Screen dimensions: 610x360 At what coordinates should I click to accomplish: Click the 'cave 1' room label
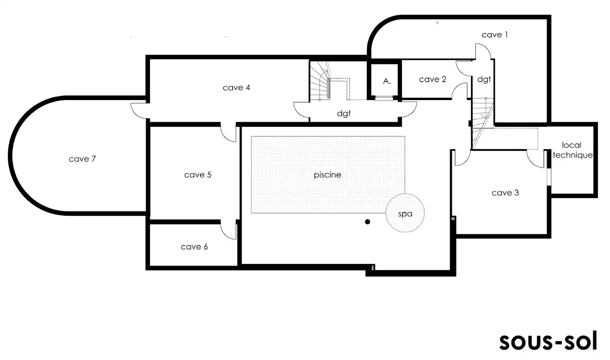[x=494, y=35]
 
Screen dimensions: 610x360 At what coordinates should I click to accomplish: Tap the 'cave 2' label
[x=432, y=79]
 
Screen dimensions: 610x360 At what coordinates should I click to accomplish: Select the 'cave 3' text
[x=505, y=193]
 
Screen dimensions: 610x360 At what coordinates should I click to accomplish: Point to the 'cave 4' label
[x=236, y=88]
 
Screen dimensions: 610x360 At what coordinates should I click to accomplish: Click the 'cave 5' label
[x=198, y=175]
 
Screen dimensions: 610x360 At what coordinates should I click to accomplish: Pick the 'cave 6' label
[x=194, y=247]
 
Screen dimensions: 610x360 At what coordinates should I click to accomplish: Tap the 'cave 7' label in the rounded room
[x=82, y=159]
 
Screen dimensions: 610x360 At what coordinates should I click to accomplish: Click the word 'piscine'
[x=327, y=175]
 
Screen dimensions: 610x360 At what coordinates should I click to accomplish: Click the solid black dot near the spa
[x=367, y=222]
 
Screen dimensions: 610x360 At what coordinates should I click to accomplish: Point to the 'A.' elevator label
[x=387, y=81]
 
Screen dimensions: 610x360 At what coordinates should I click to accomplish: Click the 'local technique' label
[x=572, y=150]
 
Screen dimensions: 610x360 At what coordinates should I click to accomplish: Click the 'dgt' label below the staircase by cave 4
[x=344, y=114]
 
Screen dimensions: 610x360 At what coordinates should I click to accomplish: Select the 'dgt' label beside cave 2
[x=484, y=79]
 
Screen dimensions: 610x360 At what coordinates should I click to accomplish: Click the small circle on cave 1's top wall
[x=437, y=23]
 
